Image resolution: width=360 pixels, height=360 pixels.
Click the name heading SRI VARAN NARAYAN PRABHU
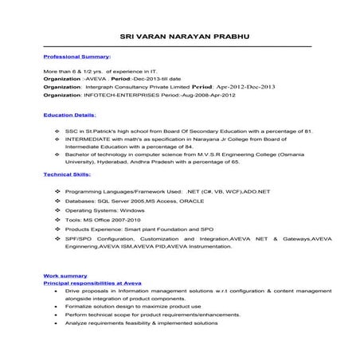click(x=180, y=36)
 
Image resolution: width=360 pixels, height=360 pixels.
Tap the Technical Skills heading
click(x=67, y=173)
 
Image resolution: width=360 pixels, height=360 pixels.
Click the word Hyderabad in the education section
click(x=114, y=160)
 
